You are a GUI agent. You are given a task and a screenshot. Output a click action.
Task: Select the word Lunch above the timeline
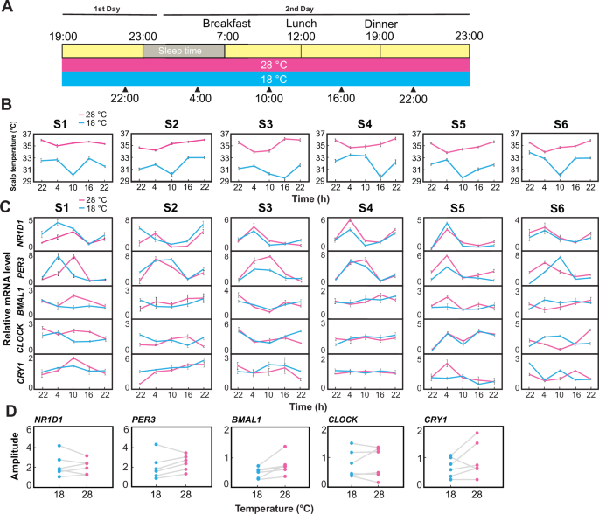coord(301,24)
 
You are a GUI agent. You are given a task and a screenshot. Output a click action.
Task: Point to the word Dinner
coord(380,24)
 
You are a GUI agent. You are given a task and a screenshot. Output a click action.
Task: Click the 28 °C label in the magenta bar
coord(267,66)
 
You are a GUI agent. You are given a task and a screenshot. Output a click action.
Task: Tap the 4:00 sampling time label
coord(199,99)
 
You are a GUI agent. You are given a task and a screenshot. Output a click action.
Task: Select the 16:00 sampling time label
coord(342,99)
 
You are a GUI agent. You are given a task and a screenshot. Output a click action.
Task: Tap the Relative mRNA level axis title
coord(8,297)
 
